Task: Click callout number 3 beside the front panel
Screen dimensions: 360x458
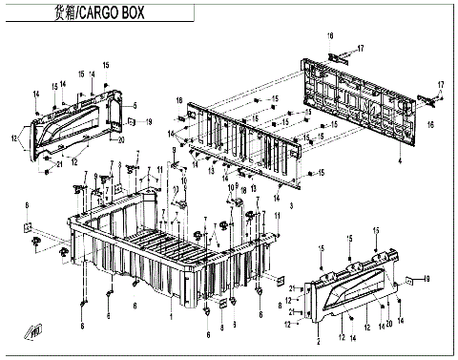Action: coord(293,205)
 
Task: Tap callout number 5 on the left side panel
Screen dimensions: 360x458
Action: coord(135,105)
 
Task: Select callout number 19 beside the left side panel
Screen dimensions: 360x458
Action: coord(150,123)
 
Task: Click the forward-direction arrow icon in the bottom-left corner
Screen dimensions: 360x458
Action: coord(34,331)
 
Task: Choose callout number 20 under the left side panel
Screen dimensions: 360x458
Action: coord(120,140)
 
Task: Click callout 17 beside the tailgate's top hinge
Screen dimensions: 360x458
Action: coord(361,48)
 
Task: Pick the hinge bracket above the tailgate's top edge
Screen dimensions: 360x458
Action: coord(335,56)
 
